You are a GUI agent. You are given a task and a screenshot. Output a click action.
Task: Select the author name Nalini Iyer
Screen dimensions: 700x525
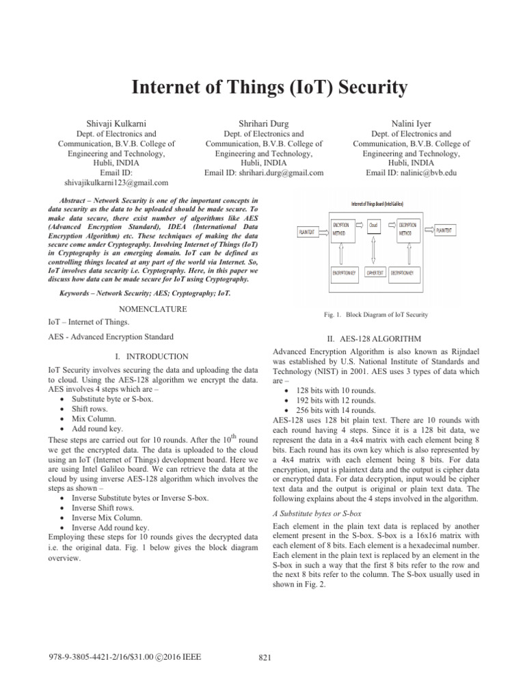(411, 123)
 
